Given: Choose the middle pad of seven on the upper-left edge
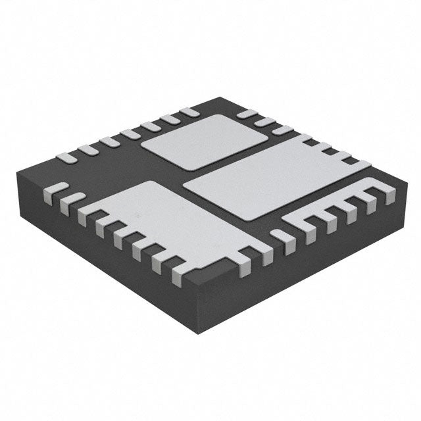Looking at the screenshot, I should click(129, 135).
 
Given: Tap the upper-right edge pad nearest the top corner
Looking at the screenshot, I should click(245, 114).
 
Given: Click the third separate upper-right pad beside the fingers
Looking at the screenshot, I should click(282, 130).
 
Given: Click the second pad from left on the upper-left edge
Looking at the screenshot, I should click(88, 150).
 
